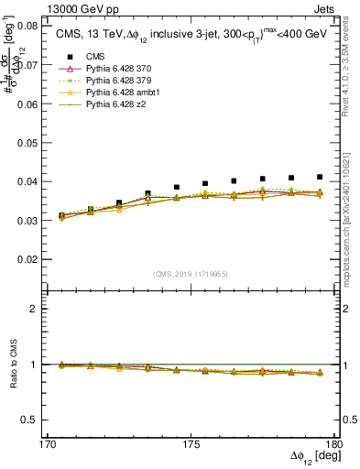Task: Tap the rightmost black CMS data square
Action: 320,177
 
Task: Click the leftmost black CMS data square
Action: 61,215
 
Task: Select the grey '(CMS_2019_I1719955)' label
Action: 191,273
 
